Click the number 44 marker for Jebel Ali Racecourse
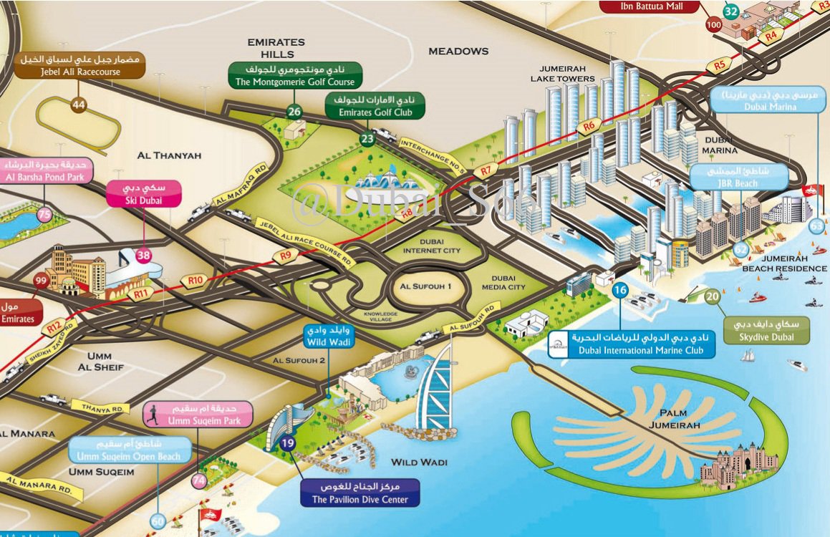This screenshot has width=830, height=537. (x=78, y=105)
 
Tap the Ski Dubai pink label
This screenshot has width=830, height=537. (x=143, y=194)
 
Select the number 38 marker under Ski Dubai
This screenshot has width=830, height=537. (x=144, y=255)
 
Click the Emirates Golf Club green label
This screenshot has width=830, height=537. (x=374, y=105)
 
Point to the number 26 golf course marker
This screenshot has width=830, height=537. (x=294, y=111)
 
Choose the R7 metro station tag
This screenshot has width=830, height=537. (x=488, y=171)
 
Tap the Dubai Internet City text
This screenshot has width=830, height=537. (x=432, y=246)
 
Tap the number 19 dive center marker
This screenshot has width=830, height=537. (x=288, y=443)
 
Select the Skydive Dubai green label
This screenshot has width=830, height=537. (x=766, y=330)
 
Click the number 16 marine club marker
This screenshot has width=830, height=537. (x=620, y=290)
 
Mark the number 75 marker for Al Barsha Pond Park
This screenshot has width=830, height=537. (x=45, y=214)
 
